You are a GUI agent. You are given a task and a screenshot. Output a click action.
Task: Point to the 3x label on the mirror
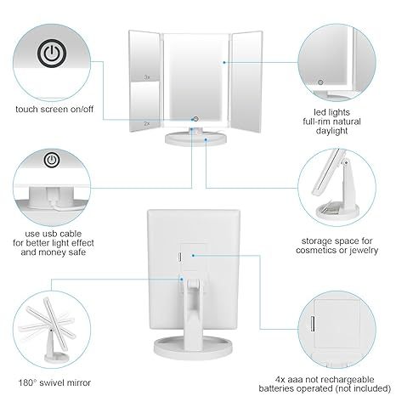point(146,77)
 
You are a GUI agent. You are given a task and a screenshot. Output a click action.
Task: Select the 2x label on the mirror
point(146,122)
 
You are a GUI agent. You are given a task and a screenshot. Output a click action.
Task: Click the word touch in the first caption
point(27,110)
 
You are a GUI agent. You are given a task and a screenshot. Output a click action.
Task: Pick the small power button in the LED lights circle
point(321,82)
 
